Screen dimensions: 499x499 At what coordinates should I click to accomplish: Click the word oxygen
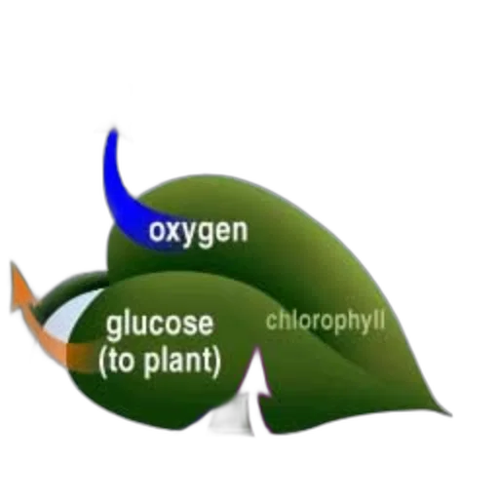tap(198, 232)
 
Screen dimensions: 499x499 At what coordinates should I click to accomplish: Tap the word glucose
tap(160, 325)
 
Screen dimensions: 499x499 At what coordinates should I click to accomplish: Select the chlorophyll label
tap(326, 322)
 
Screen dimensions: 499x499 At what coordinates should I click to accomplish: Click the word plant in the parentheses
tap(178, 363)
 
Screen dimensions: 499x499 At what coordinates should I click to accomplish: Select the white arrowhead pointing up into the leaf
tap(256, 373)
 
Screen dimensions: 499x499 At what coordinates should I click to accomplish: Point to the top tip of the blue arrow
tap(113, 130)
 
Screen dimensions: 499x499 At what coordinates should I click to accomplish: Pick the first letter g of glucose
tap(114, 327)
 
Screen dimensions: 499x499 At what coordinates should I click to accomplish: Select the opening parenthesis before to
tap(103, 363)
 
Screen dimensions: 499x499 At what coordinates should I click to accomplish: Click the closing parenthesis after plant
tap(216, 363)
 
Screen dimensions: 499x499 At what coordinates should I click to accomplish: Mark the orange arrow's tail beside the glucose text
tap(81, 357)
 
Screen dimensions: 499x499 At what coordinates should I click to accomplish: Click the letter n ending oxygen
tap(239, 232)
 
